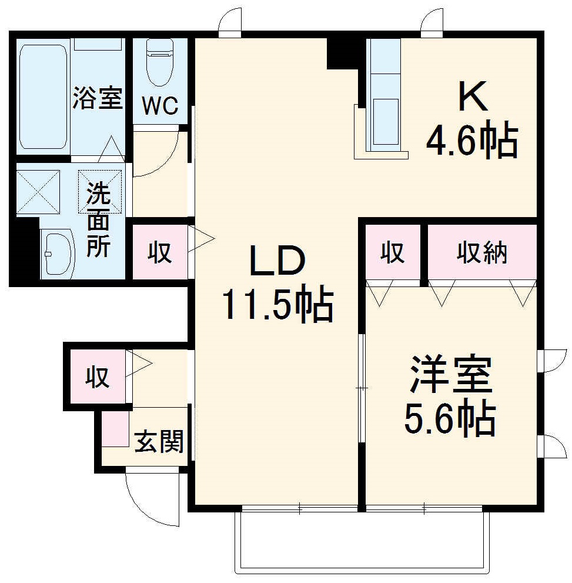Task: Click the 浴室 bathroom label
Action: (98, 98)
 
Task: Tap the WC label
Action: (160, 106)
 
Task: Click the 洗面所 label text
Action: (98, 219)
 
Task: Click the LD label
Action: (277, 262)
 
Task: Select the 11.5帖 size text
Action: (277, 304)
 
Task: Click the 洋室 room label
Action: (450, 375)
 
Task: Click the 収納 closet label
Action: (482, 253)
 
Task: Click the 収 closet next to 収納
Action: (392, 253)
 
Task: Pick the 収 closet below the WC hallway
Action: (159, 252)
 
